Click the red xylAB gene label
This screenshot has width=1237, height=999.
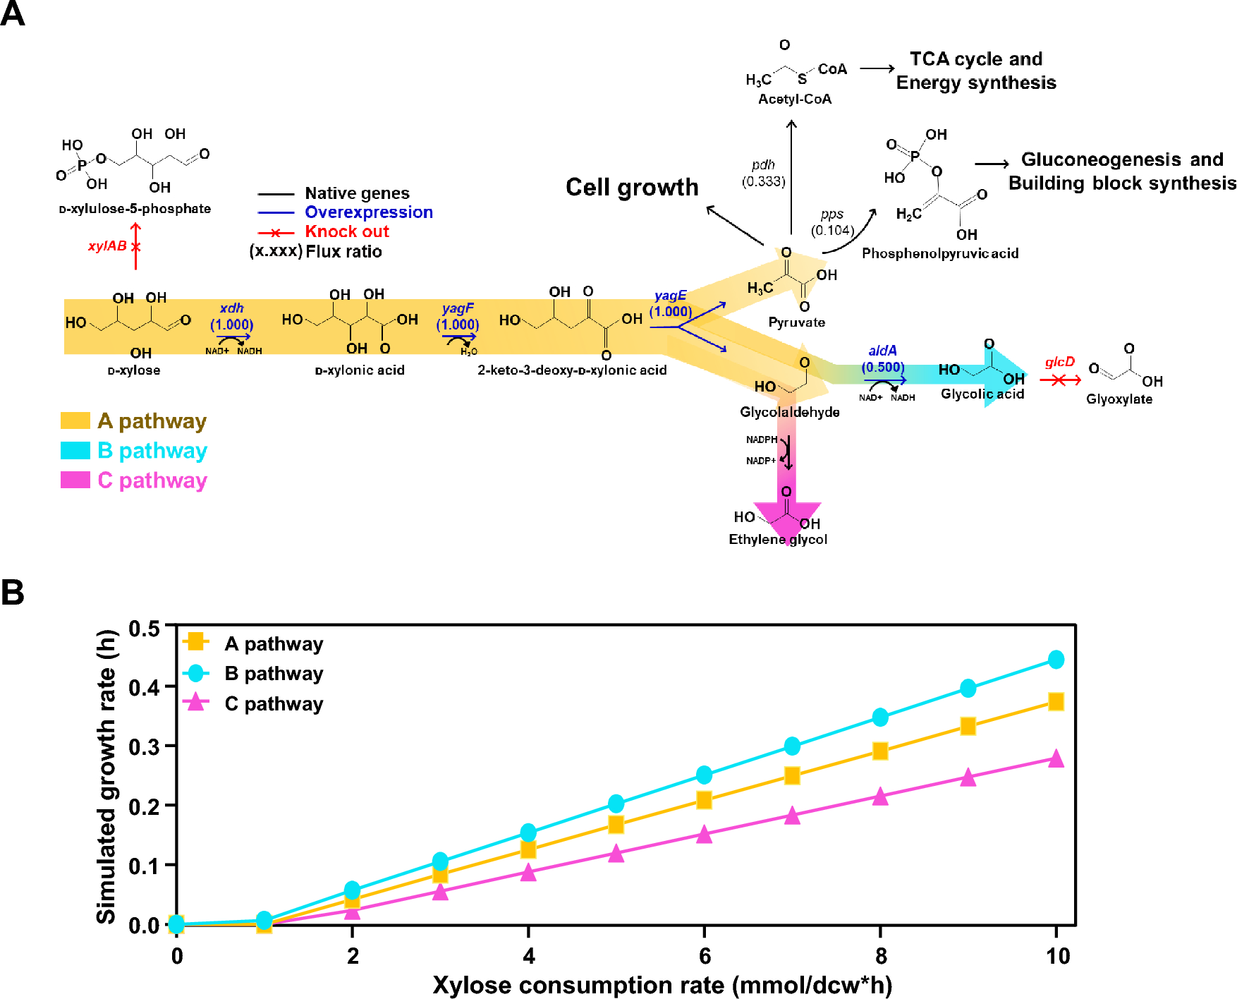point(107,246)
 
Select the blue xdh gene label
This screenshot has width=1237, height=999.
point(231,308)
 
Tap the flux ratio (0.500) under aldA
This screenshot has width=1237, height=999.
point(883,367)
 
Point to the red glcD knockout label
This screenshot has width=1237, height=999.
point(1059,362)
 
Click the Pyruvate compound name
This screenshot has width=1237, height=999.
point(796,322)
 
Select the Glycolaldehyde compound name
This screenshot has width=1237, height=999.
point(789,412)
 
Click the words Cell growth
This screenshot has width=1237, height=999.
point(632,188)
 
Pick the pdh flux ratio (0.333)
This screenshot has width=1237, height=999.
point(763,181)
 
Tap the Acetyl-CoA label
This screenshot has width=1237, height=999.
point(795,99)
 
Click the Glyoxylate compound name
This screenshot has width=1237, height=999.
point(1119,399)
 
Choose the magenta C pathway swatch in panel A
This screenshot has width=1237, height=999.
point(75,480)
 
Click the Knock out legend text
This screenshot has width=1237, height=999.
point(346,231)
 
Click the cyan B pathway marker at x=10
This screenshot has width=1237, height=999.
point(1056,660)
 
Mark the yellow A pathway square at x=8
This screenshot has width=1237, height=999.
point(879,751)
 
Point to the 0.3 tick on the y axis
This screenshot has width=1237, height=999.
point(144,746)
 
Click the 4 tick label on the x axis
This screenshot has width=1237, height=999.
point(529,956)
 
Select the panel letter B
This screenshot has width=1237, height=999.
point(13,593)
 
